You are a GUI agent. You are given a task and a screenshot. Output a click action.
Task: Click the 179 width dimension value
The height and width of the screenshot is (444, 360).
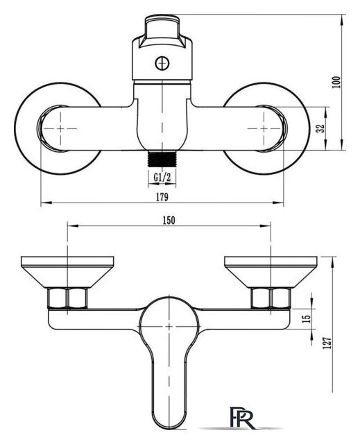click(x=162, y=197)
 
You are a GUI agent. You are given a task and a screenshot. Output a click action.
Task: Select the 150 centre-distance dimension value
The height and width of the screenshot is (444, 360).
click(x=169, y=220)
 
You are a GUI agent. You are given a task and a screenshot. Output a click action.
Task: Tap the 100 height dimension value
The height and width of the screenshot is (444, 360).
click(x=336, y=82)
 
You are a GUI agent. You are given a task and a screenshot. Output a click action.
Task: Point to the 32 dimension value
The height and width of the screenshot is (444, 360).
click(x=320, y=128)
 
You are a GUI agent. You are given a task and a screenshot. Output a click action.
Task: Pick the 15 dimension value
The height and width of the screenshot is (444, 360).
click(x=307, y=318)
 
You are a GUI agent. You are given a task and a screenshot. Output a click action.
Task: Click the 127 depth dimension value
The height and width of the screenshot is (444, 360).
click(x=327, y=343)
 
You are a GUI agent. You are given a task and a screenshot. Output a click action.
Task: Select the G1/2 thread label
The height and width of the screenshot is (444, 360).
click(x=162, y=178)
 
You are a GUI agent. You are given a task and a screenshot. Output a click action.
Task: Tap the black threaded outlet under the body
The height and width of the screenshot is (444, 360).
click(x=162, y=159)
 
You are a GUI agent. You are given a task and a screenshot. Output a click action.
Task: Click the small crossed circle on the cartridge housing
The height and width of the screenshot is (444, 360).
click(x=162, y=63)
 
